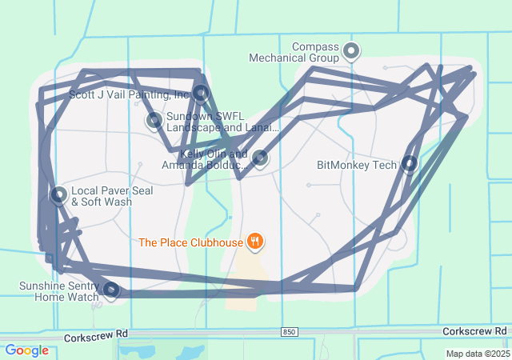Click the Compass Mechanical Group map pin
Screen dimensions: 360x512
pyautogui.click(x=350, y=53)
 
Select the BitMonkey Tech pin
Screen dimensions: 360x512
pyautogui.click(x=410, y=165)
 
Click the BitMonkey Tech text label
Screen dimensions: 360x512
pyautogui.click(x=357, y=166)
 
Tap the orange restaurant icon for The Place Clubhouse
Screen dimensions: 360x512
pyautogui.click(x=255, y=241)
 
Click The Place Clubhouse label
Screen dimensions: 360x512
pyautogui.click(x=190, y=242)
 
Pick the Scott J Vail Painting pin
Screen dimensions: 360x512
pyautogui.click(x=201, y=94)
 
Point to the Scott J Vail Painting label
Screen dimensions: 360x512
pyautogui.click(x=128, y=94)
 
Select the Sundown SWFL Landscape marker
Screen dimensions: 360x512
pyautogui.click(x=154, y=121)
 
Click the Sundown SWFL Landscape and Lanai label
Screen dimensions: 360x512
pyautogui.click(x=222, y=122)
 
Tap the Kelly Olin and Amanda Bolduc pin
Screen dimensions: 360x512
pyautogui.click(x=260, y=158)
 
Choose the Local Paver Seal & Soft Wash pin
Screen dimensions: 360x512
pyautogui.click(x=58, y=195)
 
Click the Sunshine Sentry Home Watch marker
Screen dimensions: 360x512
pyautogui.click(x=112, y=290)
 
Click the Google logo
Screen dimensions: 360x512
pyautogui.click(x=26, y=350)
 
